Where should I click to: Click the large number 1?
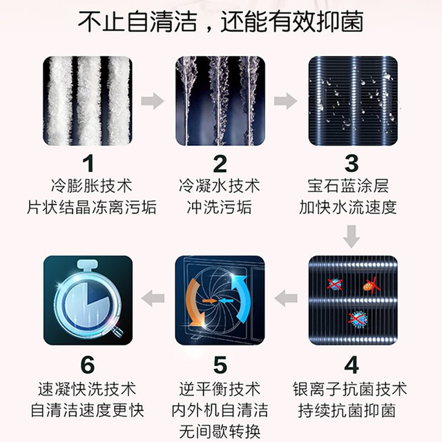click(x=88, y=164)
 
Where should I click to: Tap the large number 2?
click(x=220, y=164)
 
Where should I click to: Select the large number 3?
click(x=352, y=164)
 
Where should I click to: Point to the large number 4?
click(x=352, y=365)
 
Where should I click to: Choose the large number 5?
click(x=220, y=365)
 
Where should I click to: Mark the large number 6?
click(x=88, y=365)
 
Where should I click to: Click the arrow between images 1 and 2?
click(x=153, y=101)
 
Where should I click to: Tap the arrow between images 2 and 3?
click(x=285, y=101)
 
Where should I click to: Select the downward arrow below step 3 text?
click(x=352, y=236)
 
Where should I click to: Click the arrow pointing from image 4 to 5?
click(x=285, y=298)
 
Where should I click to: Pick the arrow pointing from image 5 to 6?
click(x=153, y=298)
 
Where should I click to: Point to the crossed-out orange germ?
click(x=371, y=285)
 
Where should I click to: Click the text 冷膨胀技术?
click(x=92, y=186)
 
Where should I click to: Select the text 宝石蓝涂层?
click(x=348, y=186)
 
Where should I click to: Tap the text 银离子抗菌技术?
click(x=350, y=390)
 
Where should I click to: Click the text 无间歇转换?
click(x=220, y=432)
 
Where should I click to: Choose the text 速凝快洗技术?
click(x=88, y=390)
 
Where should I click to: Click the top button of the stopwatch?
click(x=88, y=265)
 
